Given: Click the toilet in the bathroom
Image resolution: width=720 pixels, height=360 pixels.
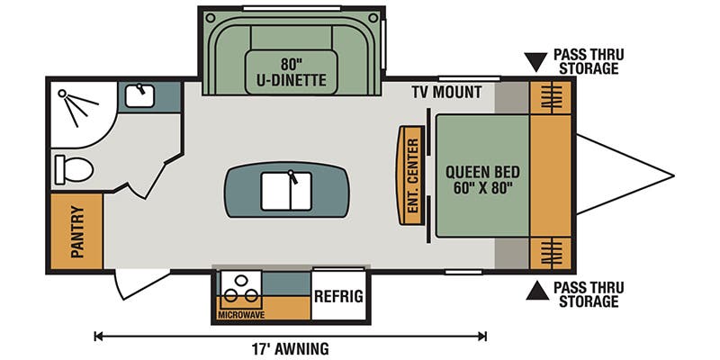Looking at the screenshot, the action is pos(74,169).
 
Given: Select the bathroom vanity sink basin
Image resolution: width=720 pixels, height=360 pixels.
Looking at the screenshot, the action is pos(139,96).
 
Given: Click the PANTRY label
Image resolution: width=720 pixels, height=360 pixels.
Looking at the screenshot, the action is pos(77,231).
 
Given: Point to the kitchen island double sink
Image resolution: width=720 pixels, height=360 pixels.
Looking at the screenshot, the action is pos(286,191).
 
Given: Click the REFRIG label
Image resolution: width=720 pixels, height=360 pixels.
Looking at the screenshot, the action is pos(338,296).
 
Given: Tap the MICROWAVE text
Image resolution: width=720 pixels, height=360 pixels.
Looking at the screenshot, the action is pos(241,315).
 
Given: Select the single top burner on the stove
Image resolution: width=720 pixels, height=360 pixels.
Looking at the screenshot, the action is pos(240,280).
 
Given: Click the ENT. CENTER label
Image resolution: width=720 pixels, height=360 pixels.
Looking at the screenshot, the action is pos(413,175).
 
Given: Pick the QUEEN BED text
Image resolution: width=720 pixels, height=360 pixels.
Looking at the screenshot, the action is pos(482,173).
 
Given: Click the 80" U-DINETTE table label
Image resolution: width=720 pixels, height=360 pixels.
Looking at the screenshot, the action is pos(292,72).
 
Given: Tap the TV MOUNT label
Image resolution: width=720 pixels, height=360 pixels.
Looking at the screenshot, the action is pos(446,93).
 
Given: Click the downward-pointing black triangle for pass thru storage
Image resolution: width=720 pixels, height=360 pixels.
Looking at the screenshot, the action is pos(535,61).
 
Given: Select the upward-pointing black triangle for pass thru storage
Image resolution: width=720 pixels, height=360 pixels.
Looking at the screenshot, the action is pos(537,291).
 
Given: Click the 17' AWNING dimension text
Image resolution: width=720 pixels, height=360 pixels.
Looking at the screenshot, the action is pos(290,348).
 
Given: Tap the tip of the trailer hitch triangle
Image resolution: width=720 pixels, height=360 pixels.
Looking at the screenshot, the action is pos(673,175).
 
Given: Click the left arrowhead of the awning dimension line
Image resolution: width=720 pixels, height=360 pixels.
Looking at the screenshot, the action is pos(97,337).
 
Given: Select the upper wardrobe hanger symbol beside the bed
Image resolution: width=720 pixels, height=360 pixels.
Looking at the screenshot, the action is pos(551,96).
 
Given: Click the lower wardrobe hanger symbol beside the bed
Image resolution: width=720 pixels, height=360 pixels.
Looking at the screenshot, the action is pos(551,253).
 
